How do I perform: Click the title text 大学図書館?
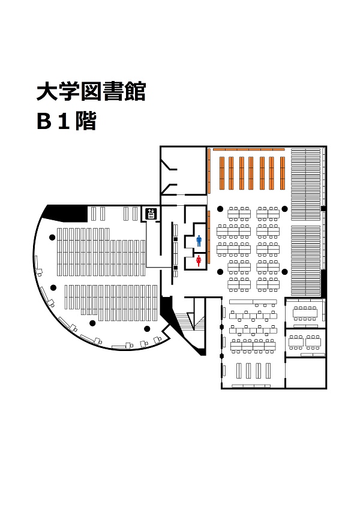[x=91, y=91]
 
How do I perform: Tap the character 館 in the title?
[x=134, y=91]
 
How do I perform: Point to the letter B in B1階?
[x=44, y=121]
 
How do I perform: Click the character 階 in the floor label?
[x=86, y=121]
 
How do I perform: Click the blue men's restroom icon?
[x=199, y=241]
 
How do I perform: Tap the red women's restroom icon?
[x=199, y=261]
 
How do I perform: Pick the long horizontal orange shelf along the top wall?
[x=249, y=149]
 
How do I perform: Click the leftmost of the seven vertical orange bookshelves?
[x=222, y=173]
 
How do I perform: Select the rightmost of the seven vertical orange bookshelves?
[x=282, y=173]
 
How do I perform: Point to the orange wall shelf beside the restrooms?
[x=209, y=237]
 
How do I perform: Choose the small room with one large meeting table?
[x=305, y=313]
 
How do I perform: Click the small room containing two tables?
[x=305, y=343]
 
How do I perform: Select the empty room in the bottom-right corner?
[x=305, y=373]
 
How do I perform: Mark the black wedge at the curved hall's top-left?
[x=65, y=213]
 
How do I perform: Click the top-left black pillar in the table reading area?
[x=220, y=209]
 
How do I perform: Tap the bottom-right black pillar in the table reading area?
[x=284, y=272]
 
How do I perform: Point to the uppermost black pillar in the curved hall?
[x=52, y=238]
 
